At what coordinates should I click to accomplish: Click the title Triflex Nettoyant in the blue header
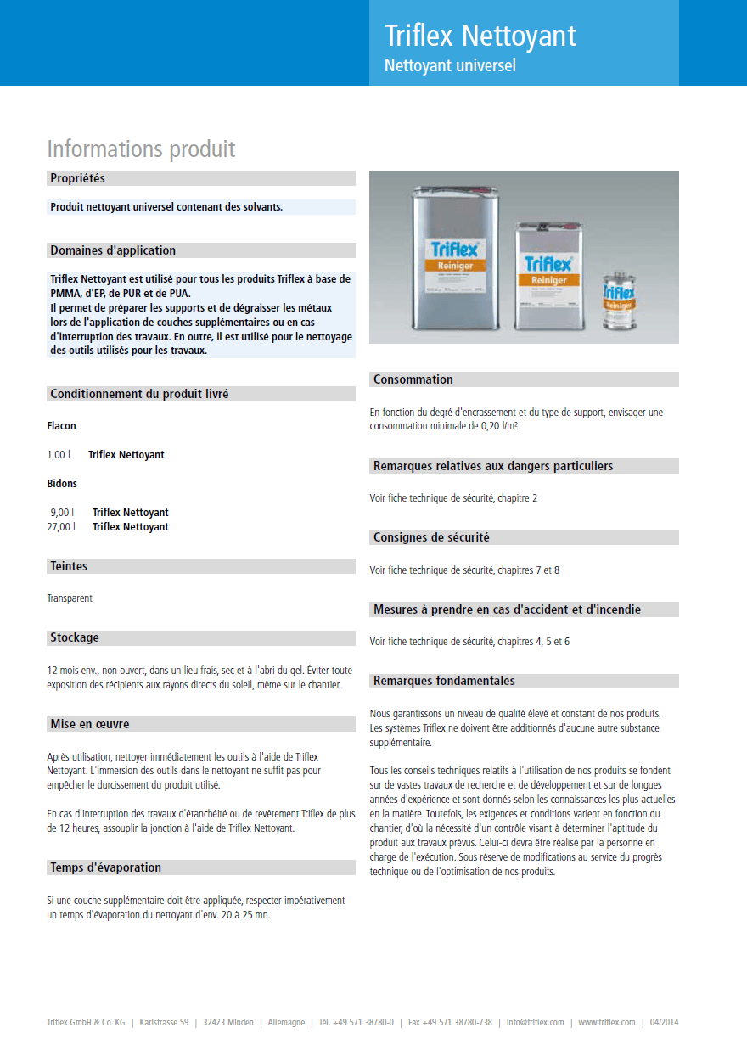(480, 36)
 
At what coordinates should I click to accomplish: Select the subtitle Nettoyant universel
(450, 65)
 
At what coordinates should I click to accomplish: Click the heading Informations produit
(141, 149)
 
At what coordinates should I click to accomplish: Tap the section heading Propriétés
(77, 178)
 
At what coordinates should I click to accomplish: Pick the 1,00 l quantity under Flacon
(59, 455)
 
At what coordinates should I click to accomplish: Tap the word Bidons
(62, 484)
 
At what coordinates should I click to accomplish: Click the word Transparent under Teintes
(70, 598)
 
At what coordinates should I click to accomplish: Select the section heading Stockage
(75, 637)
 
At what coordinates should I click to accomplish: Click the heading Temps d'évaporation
(105, 867)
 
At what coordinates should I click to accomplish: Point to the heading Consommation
(413, 379)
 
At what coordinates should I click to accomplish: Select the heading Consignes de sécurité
(431, 537)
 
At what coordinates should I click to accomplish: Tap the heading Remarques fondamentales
(444, 681)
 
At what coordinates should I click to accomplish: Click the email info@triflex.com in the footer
(535, 1022)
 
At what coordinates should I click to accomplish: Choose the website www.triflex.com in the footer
(606, 1022)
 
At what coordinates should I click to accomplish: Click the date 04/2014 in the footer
(664, 1022)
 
